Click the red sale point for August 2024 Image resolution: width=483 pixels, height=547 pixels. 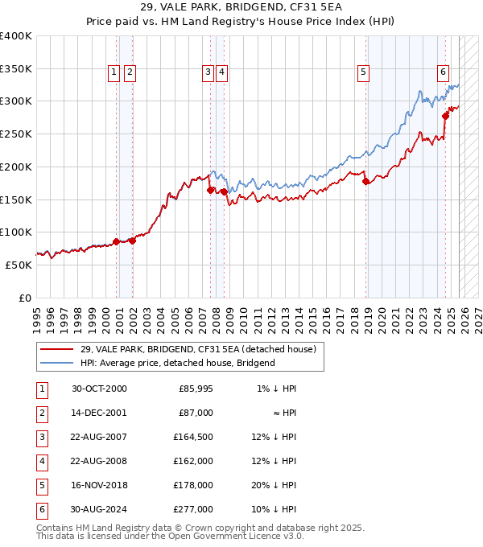(x=445, y=116)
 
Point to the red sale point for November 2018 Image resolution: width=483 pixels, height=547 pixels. (x=365, y=181)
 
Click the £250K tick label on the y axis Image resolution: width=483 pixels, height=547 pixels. (x=16, y=134)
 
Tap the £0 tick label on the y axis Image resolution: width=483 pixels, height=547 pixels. (x=24, y=298)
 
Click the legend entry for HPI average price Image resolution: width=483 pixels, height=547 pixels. (x=177, y=363)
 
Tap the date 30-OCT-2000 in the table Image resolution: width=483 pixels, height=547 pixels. (x=99, y=389)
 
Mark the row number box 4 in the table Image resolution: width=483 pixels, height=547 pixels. (x=40, y=461)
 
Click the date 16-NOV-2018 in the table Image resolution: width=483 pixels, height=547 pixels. (x=99, y=485)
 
